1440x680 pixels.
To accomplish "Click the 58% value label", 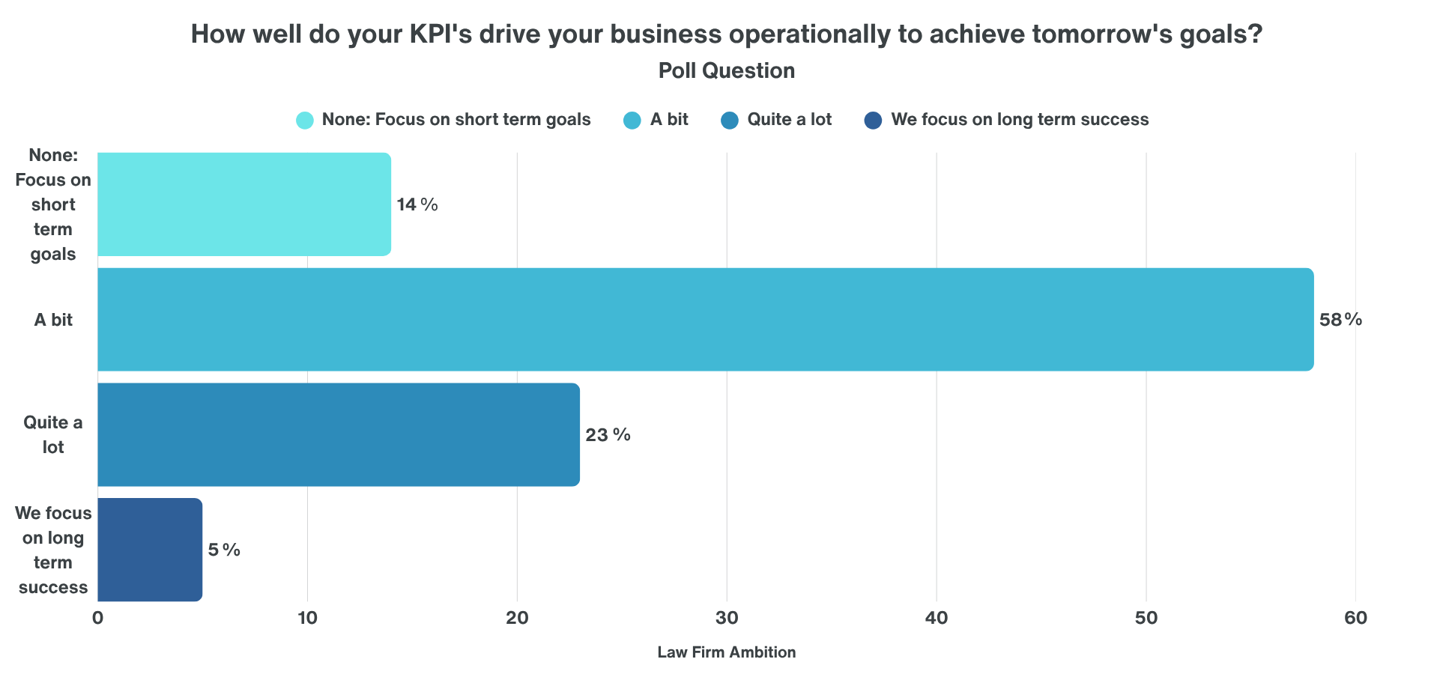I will pos(1340,320).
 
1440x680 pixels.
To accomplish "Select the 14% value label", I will pos(417,204).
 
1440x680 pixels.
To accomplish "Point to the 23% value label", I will pos(608,435).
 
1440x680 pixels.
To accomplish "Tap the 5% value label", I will pos(224,550).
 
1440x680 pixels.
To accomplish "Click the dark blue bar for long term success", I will pos(150,550).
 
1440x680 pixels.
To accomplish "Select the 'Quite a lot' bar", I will pos(339,435).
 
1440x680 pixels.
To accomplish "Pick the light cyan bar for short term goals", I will pos(244,204).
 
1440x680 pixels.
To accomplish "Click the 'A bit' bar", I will pos(705,320).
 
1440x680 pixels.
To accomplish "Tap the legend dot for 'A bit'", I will pos(632,120).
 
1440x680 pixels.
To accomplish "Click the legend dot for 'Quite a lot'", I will pos(730,120).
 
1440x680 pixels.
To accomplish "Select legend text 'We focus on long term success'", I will pos(1020,120).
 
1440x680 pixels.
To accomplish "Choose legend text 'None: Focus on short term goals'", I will pos(456,120).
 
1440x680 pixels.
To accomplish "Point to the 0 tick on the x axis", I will pos(97,619).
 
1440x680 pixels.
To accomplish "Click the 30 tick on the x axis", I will pos(727,619).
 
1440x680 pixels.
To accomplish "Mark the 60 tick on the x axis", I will pos(1355,619).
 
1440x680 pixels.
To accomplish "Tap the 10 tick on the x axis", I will pos(307,619).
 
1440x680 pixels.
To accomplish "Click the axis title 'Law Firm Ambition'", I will pos(726,652).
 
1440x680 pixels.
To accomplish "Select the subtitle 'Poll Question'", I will pos(726,70).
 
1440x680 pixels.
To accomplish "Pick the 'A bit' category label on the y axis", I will pos(53,320).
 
